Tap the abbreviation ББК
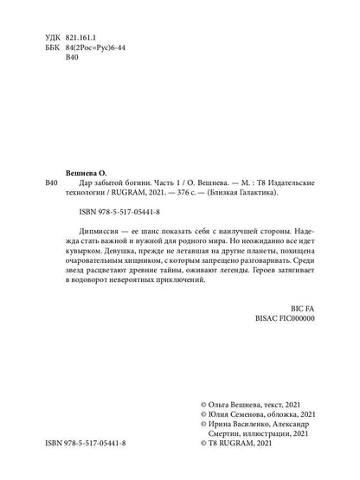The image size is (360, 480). (51, 52)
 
